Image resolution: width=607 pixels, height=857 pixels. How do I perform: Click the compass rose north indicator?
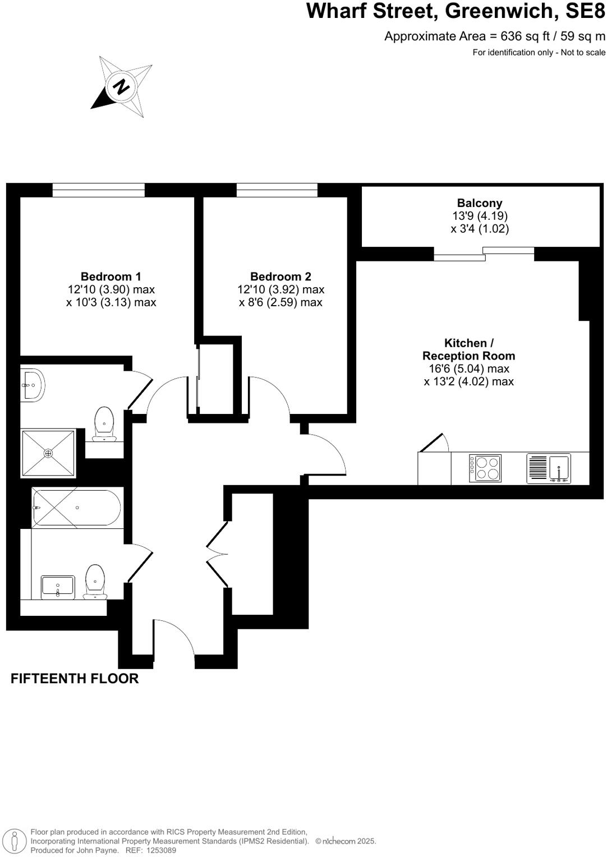pyautogui.click(x=121, y=87)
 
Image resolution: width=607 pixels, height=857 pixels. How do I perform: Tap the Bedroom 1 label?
pyautogui.click(x=111, y=277)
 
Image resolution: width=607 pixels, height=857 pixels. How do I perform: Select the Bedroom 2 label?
pyautogui.click(x=280, y=277)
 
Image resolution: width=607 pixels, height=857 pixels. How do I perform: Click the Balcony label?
pyautogui.click(x=480, y=204)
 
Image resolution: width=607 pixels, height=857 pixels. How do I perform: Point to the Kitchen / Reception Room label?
pyautogui.click(x=468, y=349)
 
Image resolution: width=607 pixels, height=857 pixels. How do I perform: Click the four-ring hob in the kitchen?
pyautogui.click(x=485, y=468)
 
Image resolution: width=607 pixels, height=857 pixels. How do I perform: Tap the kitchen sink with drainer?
pyautogui.click(x=549, y=469)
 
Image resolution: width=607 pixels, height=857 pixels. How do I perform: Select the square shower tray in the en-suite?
pyautogui.click(x=48, y=453)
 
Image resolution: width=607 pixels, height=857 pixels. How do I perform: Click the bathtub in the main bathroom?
pyautogui.click(x=77, y=508)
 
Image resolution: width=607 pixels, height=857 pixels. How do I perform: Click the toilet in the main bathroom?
pyautogui.click(x=95, y=581)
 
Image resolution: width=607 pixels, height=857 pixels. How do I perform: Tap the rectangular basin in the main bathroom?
pyautogui.click(x=58, y=587)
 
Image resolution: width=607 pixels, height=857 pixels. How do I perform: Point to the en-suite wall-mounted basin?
pyautogui.click(x=33, y=385)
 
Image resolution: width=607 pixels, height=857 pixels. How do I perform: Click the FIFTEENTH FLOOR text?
pyautogui.click(x=75, y=679)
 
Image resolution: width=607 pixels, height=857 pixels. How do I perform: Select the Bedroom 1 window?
pyautogui.click(x=99, y=190)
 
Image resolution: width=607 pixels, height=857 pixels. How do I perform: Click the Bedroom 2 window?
pyautogui.click(x=277, y=190)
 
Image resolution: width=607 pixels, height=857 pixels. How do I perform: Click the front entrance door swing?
pyautogui.click(x=174, y=637)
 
